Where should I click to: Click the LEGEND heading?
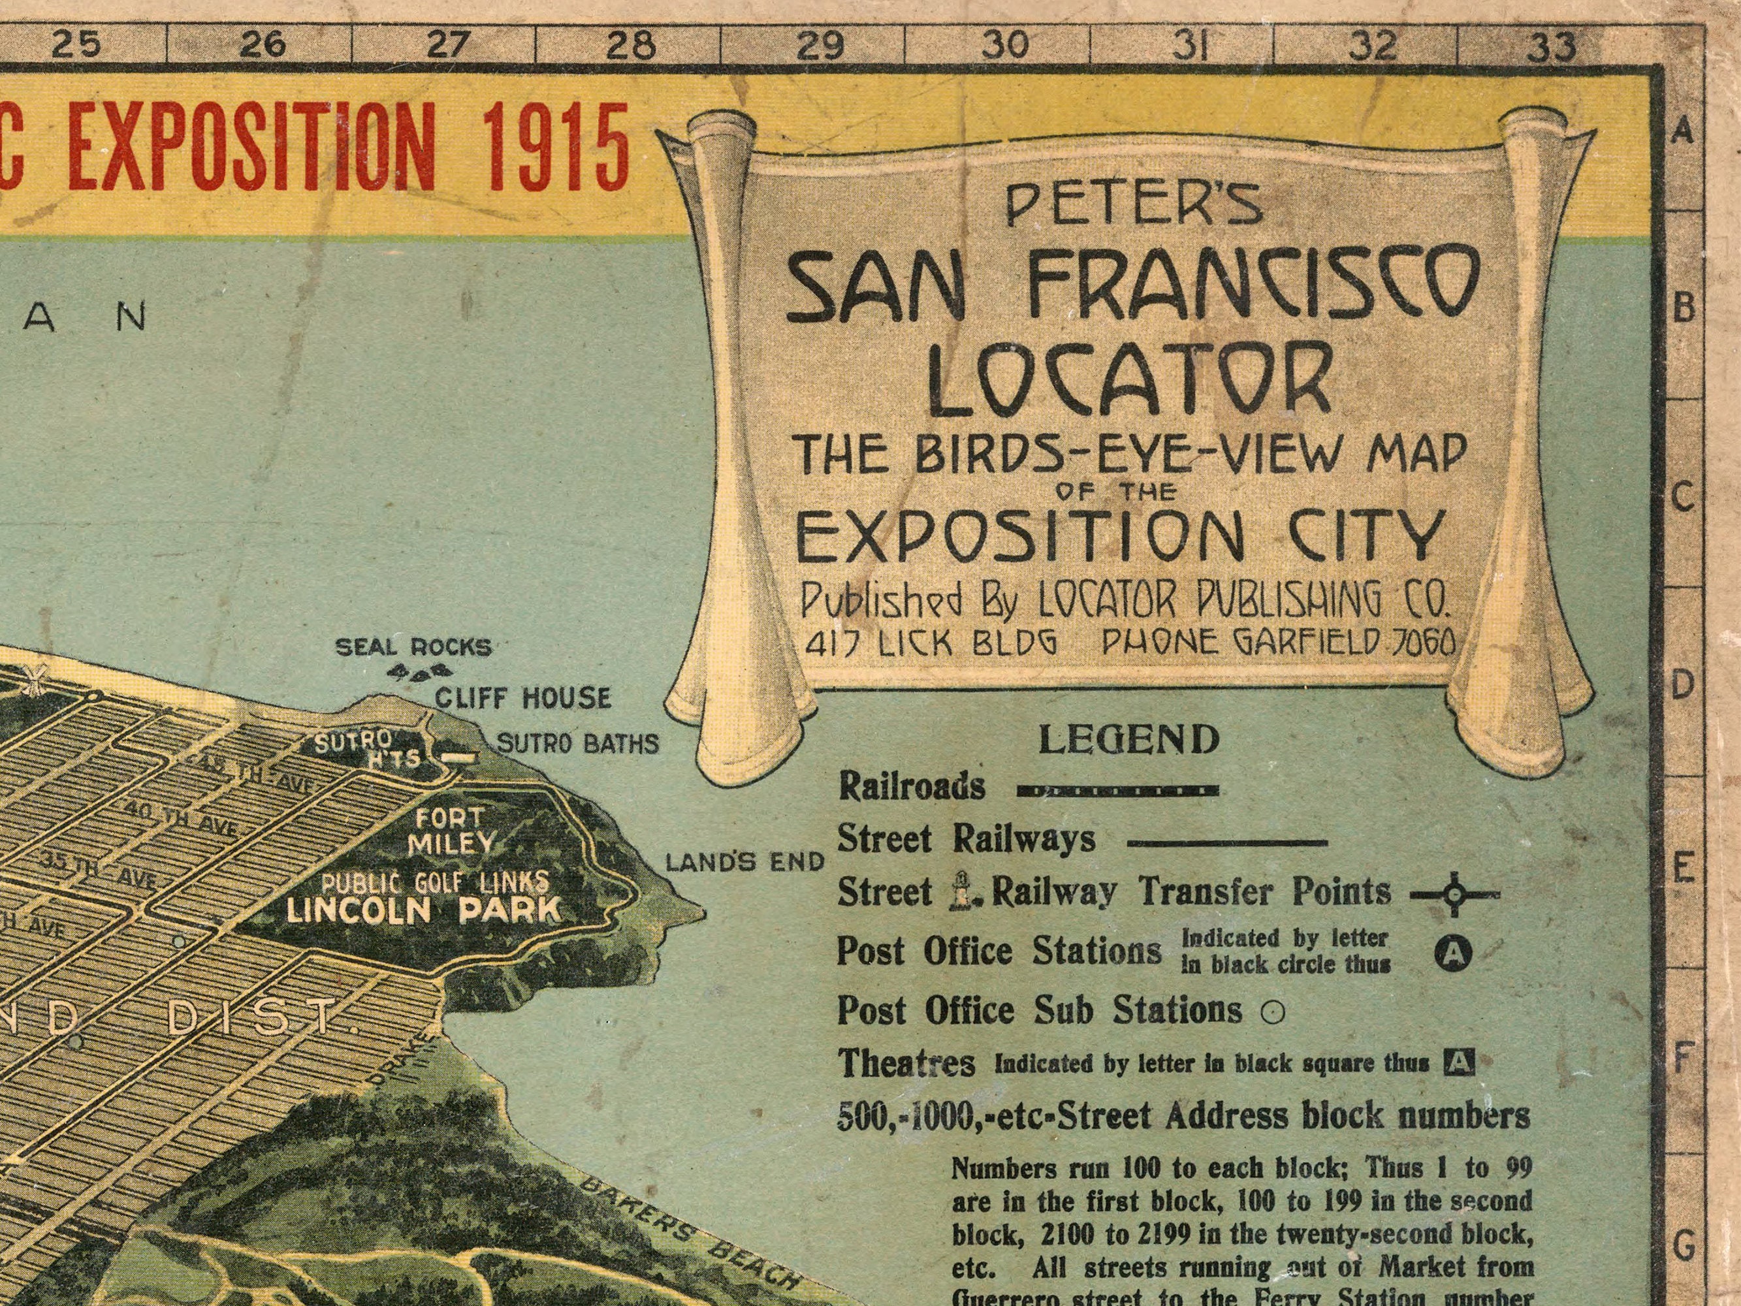click(x=1130, y=739)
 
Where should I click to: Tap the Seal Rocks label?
click(x=413, y=648)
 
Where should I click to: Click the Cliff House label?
click(x=522, y=697)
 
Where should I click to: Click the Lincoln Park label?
click(x=423, y=911)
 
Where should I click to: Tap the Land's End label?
click(x=744, y=863)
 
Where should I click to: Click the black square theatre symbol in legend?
click(x=1458, y=1064)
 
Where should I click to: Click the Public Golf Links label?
click(x=434, y=882)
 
